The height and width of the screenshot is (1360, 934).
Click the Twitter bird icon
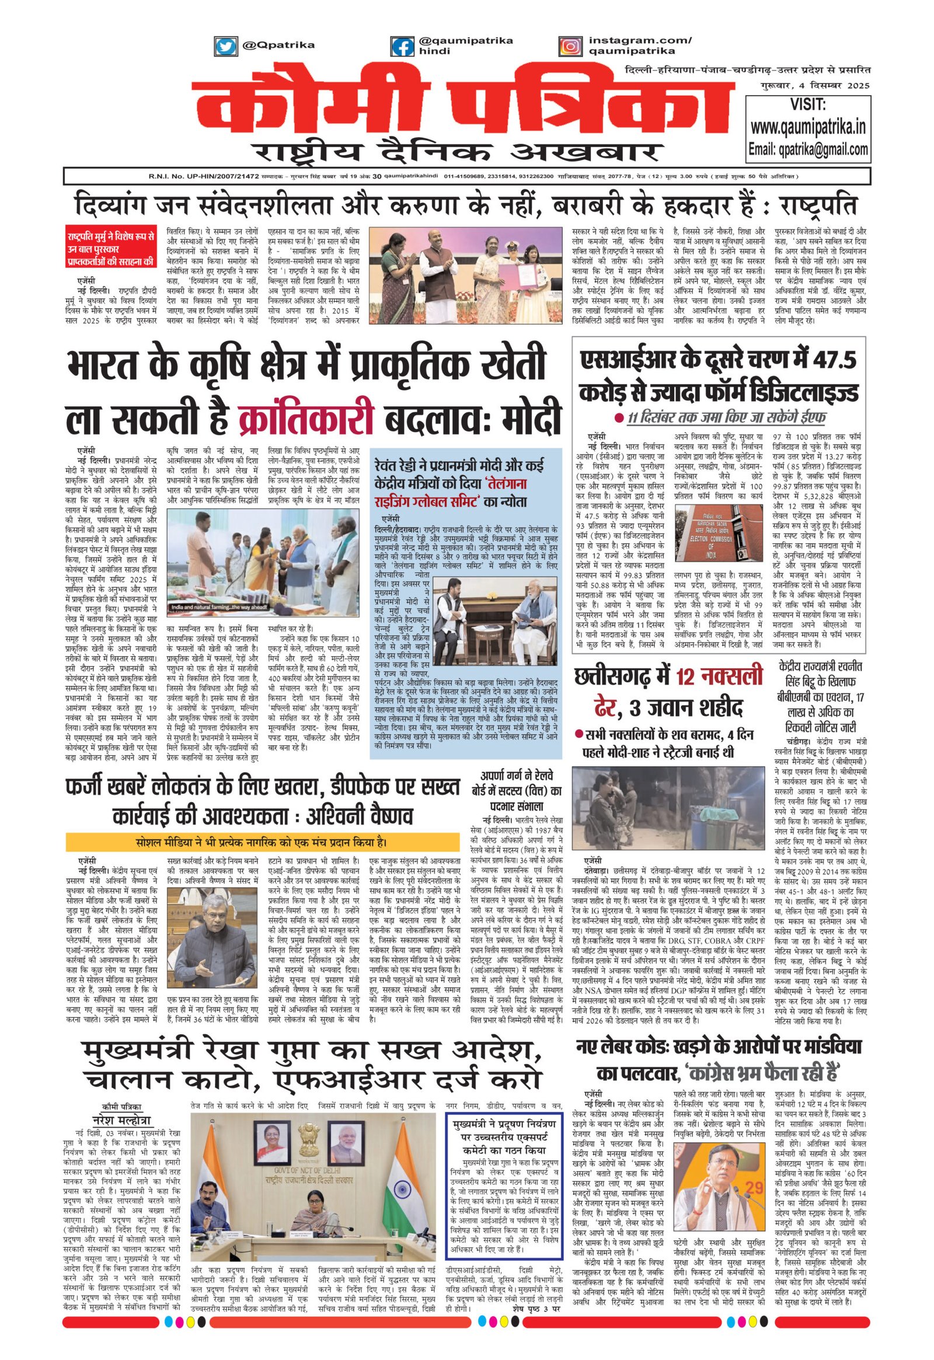[225, 45]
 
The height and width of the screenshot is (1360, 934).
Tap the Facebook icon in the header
[402, 46]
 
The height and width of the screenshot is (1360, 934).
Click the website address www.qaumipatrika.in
[808, 127]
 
